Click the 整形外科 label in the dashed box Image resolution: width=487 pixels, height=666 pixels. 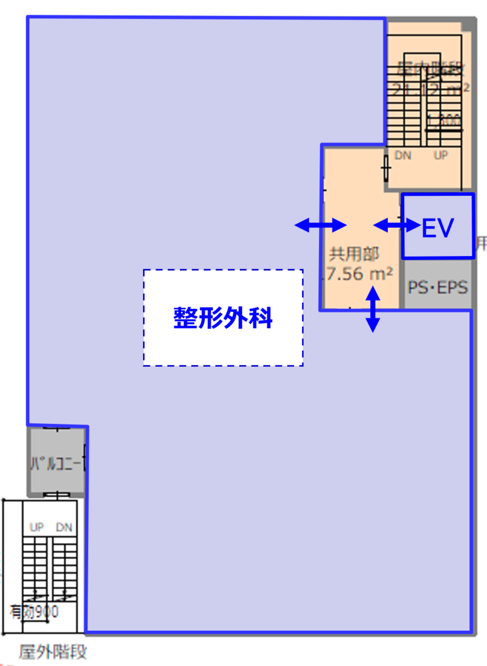pyautogui.click(x=223, y=317)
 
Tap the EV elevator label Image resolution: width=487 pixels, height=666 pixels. pyautogui.click(x=438, y=227)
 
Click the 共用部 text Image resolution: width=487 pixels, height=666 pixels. pyautogui.click(x=354, y=254)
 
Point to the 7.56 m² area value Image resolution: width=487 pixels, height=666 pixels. pyautogui.click(x=359, y=274)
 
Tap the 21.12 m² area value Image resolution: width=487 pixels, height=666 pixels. pyautogui.click(x=430, y=89)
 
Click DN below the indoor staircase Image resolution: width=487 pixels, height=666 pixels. pyautogui.click(x=403, y=156)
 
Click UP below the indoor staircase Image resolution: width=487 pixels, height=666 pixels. pyautogui.click(x=441, y=156)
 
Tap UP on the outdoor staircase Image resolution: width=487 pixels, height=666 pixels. pyautogui.click(x=37, y=527)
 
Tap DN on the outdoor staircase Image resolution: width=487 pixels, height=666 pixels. pyautogui.click(x=64, y=527)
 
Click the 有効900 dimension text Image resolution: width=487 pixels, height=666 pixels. pyautogui.click(x=34, y=612)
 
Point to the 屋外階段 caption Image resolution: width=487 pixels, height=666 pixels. pyautogui.click(x=53, y=653)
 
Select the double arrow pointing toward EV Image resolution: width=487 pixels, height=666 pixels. pyautogui.click(x=396, y=226)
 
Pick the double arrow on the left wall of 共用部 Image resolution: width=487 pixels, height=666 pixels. pyautogui.click(x=321, y=226)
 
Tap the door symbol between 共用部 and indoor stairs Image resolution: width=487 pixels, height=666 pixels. pyautogui.click(x=386, y=167)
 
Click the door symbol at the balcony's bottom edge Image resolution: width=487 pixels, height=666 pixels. pyautogui.click(x=56, y=495)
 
